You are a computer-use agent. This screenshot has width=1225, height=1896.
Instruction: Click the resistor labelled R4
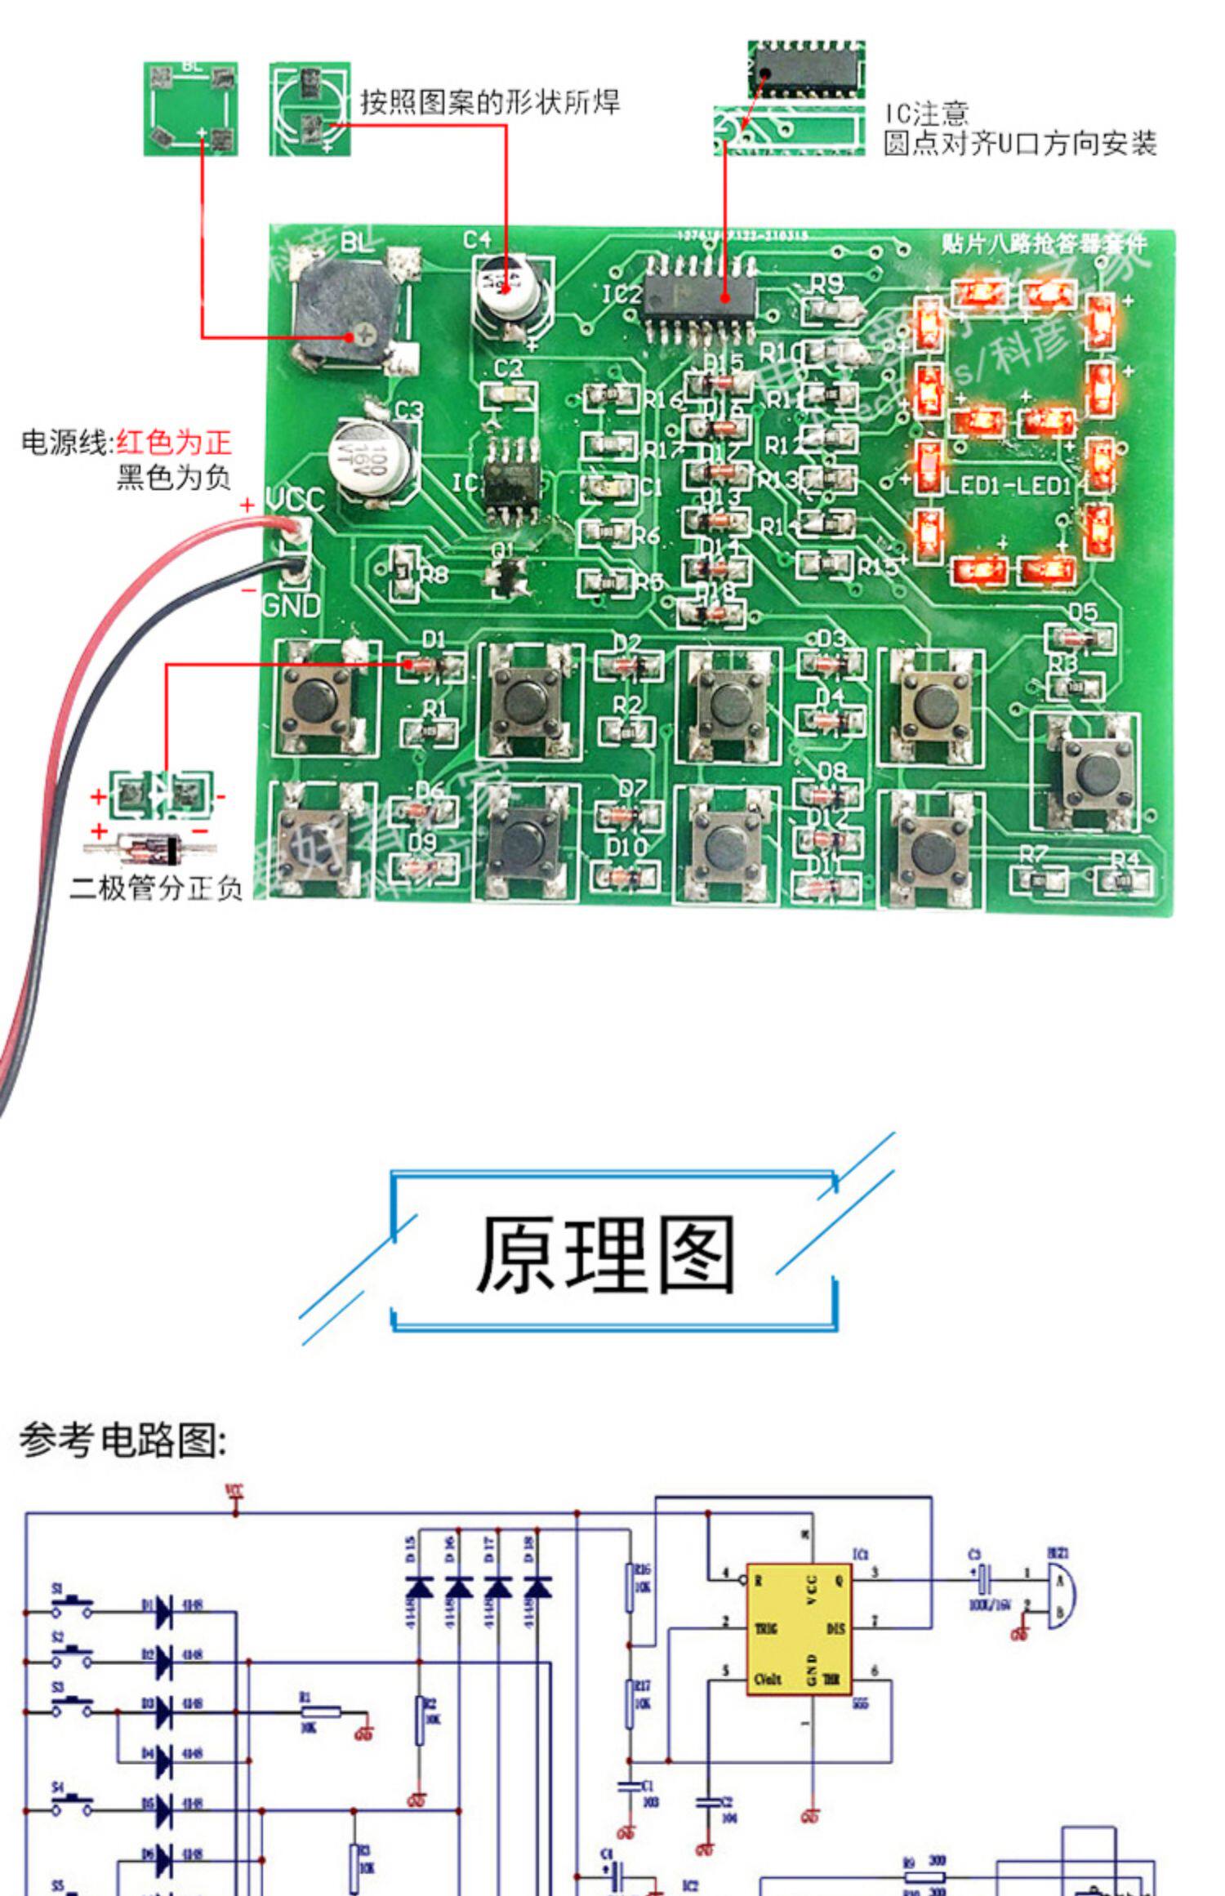tap(1124, 882)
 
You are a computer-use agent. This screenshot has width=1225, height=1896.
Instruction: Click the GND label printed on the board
tap(292, 605)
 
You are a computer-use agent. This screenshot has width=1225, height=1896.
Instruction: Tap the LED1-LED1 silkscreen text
tap(1009, 486)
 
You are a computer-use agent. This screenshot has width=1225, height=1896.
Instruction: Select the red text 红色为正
tap(174, 443)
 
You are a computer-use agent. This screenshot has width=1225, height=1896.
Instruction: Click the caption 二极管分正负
tap(156, 888)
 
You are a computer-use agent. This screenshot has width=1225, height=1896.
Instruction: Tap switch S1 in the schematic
tap(72, 1603)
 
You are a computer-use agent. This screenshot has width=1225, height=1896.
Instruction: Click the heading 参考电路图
tap(122, 1440)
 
